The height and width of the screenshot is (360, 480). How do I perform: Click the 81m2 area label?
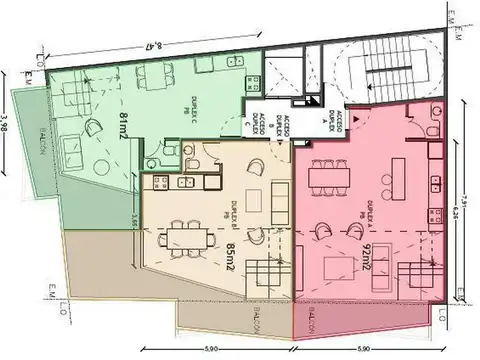pos(126,128)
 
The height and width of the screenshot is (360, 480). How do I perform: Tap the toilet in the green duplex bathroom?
pos(169,150)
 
